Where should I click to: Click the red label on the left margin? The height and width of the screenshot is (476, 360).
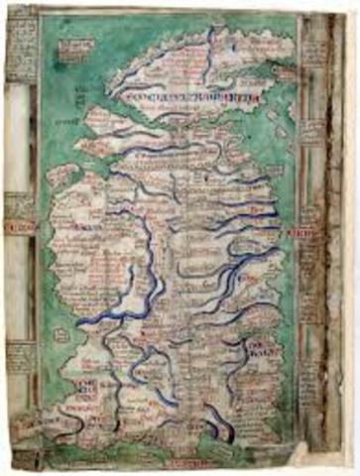pos(17,227)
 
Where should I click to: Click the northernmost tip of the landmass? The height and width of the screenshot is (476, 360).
pos(210,29)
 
